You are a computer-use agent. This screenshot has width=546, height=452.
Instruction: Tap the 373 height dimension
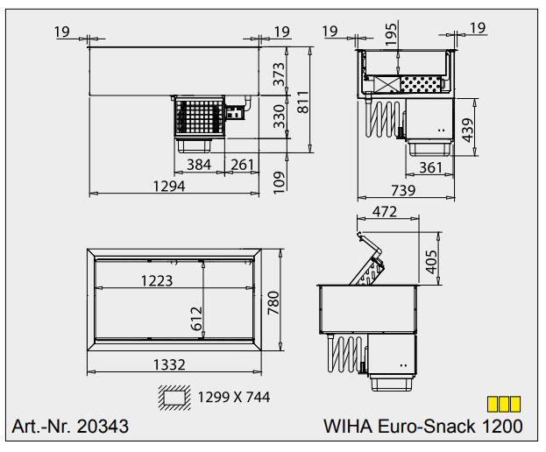point(280,74)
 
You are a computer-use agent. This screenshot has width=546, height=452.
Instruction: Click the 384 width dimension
point(199,164)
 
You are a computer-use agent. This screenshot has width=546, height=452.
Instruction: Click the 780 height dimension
point(272,302)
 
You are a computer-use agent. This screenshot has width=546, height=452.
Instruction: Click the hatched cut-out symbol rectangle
point(173,397)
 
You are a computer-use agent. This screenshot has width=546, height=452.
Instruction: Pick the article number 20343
point(102,427)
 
